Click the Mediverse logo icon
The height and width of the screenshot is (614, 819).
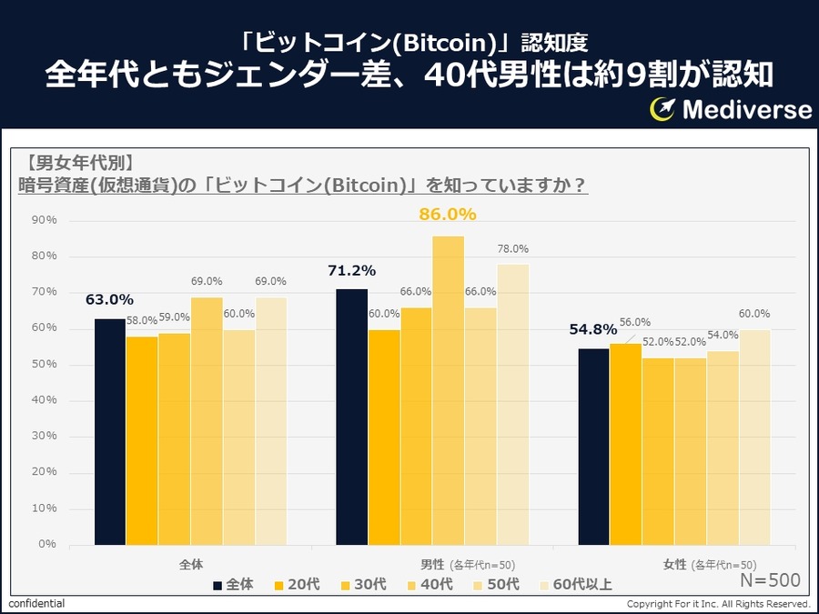(662, 109)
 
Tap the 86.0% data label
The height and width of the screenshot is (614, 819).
(448, 215)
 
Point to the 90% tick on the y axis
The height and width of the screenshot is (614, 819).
(44, 220)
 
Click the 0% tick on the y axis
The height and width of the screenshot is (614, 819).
(46, 544)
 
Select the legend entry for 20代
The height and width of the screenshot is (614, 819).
(295, 584)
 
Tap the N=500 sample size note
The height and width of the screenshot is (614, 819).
(769, 580)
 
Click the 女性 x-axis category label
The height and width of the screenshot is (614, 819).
(674, 564)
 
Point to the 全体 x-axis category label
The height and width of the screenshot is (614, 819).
(191, 564)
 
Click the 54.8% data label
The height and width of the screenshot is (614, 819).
(594, 329)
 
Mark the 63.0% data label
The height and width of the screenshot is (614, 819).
(110, 299)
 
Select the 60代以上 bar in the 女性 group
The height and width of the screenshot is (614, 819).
(754, 437)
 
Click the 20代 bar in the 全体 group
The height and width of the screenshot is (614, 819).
(142, 440)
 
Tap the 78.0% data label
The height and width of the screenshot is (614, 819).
(513, 249)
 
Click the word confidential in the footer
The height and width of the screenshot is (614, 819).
(36, 604)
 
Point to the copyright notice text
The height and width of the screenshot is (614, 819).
(718, 604)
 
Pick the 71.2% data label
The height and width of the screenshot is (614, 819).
(352, 270)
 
